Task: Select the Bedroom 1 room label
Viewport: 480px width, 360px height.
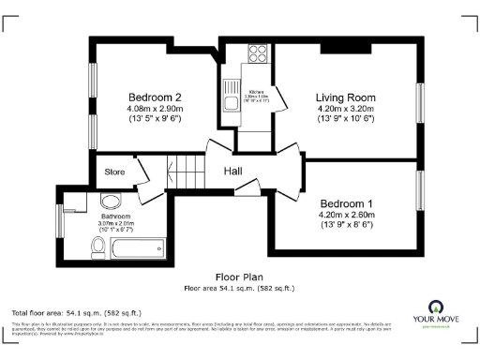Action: click(346, 203)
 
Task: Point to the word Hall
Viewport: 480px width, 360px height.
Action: click(235, 172)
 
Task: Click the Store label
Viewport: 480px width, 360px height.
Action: click(114, 172)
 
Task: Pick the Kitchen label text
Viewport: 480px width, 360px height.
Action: click(255, 92)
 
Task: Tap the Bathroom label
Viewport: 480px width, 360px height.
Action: click(115, 217)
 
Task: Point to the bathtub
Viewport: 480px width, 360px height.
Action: click(138, 248)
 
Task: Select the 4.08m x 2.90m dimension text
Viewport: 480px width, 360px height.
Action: click(154, 109)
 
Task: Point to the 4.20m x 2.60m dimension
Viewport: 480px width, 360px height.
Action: click(346, 215)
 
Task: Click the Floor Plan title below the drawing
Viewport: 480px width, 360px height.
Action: click(239, 277)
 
